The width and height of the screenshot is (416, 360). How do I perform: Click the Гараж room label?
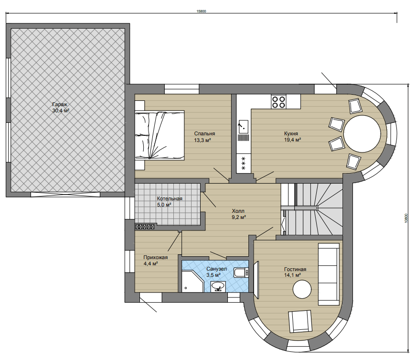[x=60, y=104]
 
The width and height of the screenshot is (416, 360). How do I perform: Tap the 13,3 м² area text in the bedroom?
[x=202, y=140]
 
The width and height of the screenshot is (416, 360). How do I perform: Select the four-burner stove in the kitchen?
[x=278, y=102]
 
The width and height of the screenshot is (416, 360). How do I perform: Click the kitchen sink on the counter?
[x=243, y=126]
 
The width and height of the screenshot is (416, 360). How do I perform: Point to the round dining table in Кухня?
[x=362, y=133]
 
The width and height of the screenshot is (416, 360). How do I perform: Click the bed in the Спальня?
[x=160, y=135]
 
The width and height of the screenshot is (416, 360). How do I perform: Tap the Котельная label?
[x=170, y=198]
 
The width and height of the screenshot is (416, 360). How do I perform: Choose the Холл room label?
[x=238, y=211]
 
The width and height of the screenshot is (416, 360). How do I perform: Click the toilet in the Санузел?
[x=241, y=273]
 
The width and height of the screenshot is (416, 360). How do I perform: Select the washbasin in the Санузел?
[x=218, y=286]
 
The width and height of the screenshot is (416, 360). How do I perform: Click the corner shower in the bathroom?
[x=192, y=282]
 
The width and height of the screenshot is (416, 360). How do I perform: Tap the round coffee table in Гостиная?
[x=302, y=289]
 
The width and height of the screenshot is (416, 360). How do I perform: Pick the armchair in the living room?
[x=300, y=321]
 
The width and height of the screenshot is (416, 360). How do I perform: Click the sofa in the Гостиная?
[x=329, y=274]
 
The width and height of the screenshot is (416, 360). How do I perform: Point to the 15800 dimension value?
[x=201, y=11]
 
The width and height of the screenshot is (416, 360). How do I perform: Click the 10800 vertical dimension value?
[x=406, y=218]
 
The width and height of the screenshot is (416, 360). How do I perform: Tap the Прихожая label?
[x=156, y=257]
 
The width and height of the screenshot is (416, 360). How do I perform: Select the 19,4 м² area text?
[x=292, y=140]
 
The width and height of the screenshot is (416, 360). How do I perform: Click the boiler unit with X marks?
[x=145, y=227]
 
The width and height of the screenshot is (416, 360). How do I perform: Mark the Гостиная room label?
[x=295, y=270]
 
